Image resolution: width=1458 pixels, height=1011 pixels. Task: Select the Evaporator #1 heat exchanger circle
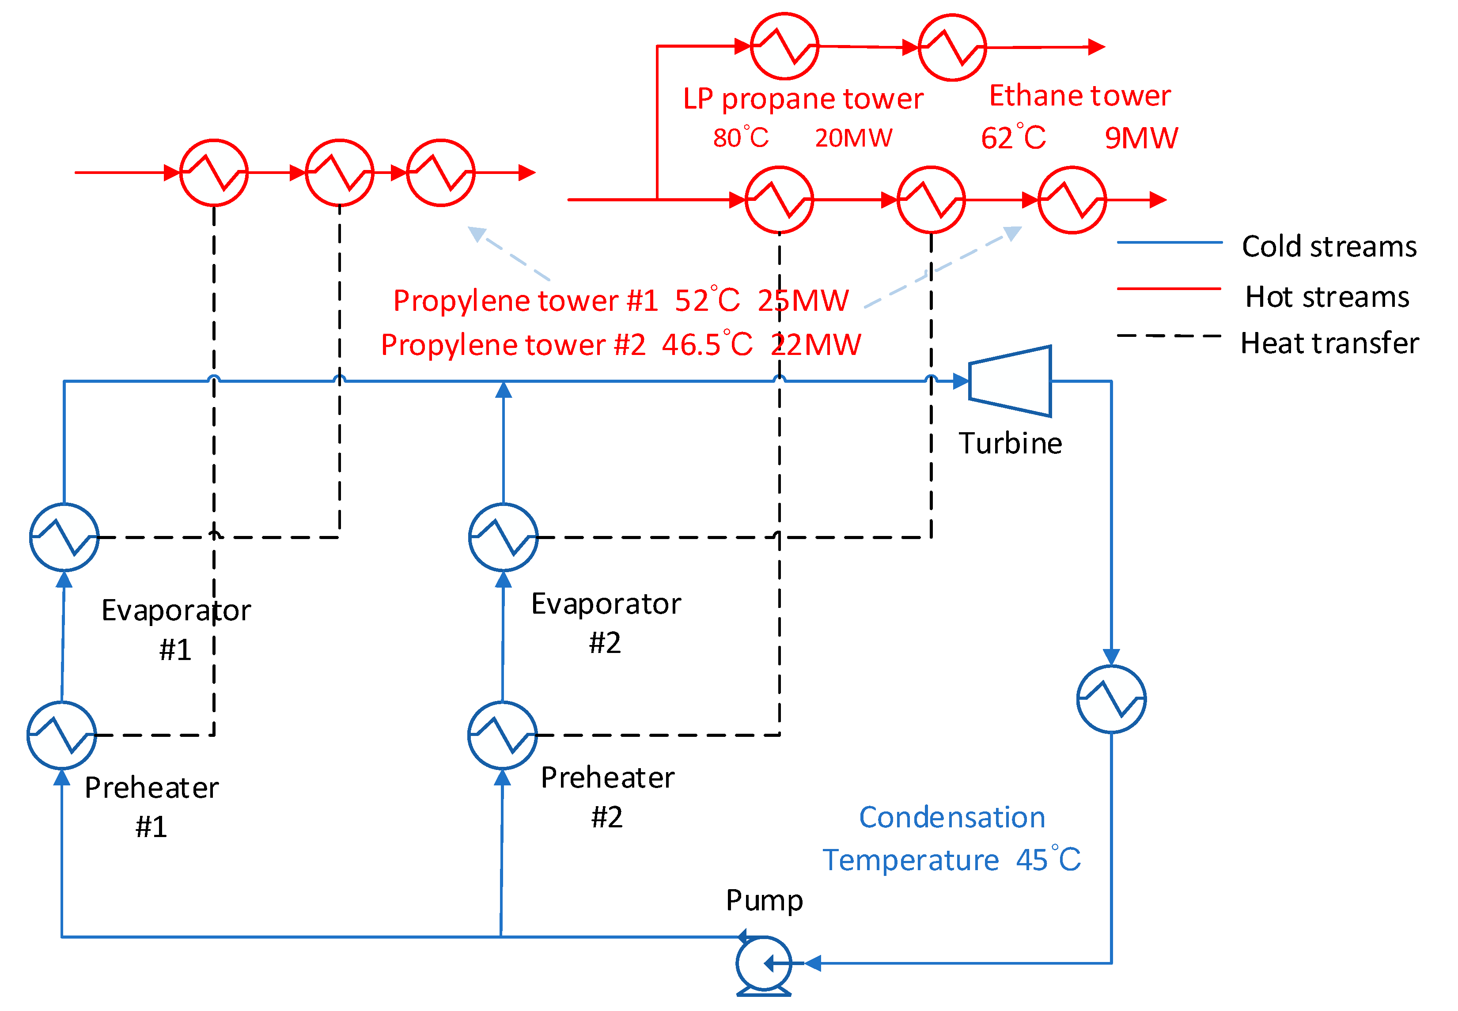click(64, 537)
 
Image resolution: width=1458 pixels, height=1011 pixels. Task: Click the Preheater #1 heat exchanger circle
click(61, 735)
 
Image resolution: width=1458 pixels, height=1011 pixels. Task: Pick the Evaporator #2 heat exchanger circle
click(503, 537)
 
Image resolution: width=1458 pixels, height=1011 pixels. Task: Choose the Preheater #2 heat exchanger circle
click(503, 735)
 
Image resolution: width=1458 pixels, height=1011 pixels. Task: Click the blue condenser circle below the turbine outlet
click(1111, 699)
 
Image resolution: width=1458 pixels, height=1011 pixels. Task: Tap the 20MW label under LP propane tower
click(853, 137)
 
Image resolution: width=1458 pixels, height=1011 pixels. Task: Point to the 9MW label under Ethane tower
click(1140, 137)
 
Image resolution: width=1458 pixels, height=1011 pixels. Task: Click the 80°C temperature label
click(740, 137)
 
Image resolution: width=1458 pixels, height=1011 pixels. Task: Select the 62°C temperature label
click(1012, 137)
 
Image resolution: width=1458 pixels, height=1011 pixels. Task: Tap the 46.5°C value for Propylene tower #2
click(707, 345)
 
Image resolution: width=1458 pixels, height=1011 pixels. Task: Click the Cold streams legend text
click(1329, 246)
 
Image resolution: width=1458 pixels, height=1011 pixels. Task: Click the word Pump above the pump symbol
click(764, 900)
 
